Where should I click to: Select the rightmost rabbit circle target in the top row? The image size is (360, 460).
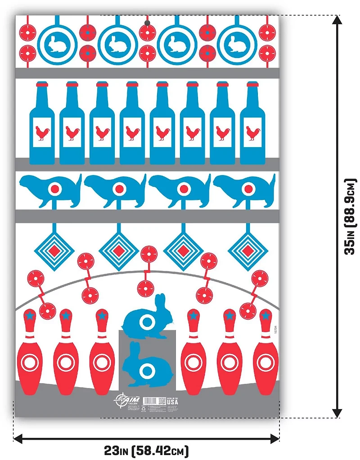237,44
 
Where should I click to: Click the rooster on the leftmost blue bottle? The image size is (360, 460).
42,133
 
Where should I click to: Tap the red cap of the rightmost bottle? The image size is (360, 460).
252,84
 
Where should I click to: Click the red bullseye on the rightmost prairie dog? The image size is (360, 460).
247,189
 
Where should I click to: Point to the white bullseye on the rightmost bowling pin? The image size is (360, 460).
265,361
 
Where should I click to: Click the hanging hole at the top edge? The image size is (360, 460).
147,23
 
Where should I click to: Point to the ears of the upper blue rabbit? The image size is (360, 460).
159,301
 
